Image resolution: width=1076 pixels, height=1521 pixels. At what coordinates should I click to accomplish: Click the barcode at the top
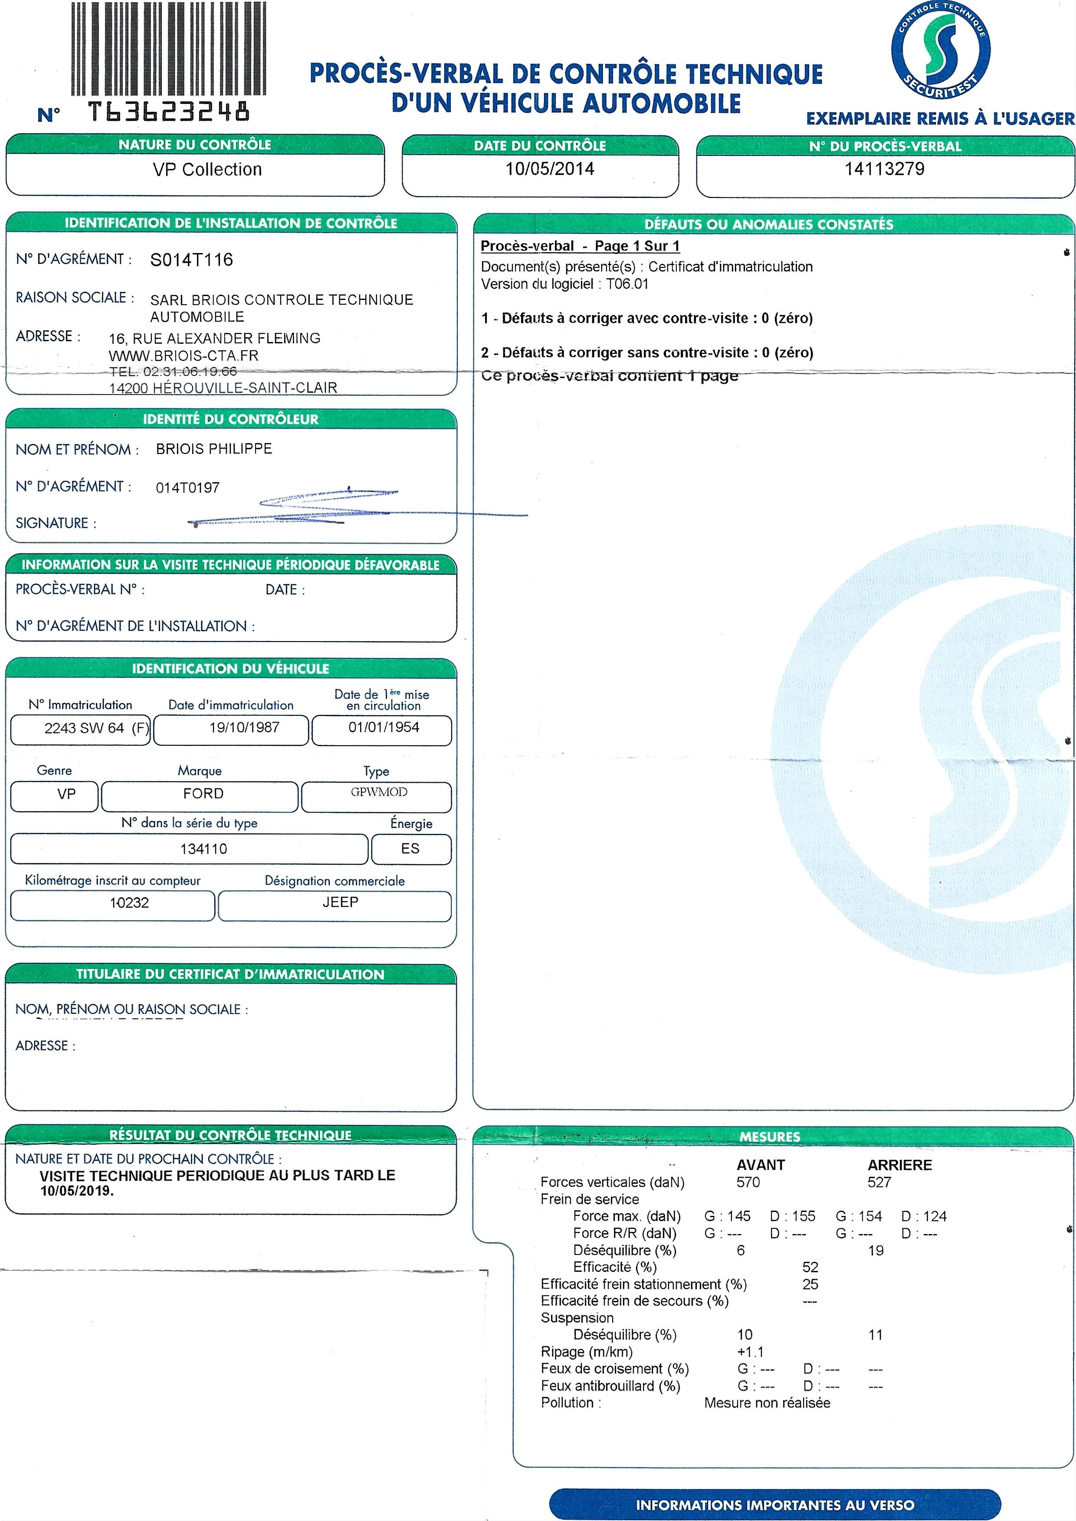(168, 48)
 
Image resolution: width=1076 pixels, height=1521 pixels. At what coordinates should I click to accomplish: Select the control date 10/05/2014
(549, 169)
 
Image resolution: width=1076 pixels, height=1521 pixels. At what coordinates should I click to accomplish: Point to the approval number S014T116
(191, 260)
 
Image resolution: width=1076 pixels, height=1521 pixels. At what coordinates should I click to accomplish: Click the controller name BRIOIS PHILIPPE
(214, 449)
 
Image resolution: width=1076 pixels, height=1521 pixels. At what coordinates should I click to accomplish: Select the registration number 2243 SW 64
(84, 728)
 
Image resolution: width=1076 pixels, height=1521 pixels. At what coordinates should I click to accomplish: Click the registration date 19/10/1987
(244, 727)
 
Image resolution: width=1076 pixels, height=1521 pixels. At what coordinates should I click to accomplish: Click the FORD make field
(203, 793)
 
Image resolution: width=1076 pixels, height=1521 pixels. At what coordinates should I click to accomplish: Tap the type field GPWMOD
(379, 792)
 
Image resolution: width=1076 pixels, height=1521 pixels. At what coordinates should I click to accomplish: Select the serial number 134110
(203, 848)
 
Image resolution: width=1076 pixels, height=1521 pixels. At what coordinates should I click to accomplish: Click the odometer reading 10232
(129, 902)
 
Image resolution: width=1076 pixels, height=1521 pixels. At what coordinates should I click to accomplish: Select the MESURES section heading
(769, 1136)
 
